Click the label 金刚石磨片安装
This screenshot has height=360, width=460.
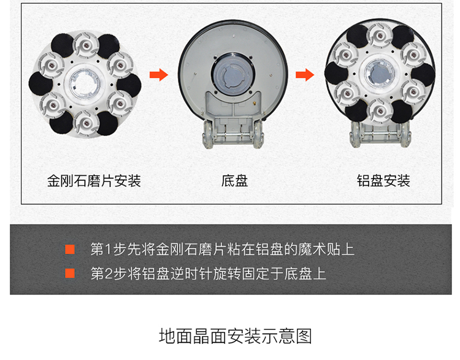(x=94, y=181)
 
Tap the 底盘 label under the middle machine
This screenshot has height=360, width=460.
(x=234, y=181)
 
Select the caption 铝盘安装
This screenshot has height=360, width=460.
(x=383, y=181)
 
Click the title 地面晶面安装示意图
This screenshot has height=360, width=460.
(x=236, y=336)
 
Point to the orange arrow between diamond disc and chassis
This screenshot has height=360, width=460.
(x=159, y=75)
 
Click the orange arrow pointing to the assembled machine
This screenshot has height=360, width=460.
(x=305, y=75)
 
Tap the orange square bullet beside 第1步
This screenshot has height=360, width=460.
(x=70, y=250)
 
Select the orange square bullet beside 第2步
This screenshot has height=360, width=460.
(x=70, y=273)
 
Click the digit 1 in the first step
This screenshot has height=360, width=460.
(x=108, y=250)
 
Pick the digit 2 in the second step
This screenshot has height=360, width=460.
(x=108, y=274)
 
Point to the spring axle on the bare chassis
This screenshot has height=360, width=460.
(x=233, y=136)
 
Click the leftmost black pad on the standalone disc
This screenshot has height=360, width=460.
(x=40, y=84)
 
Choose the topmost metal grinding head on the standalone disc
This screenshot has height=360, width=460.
(x=86, y=45)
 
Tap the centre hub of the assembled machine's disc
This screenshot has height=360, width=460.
(x=379, y=74)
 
